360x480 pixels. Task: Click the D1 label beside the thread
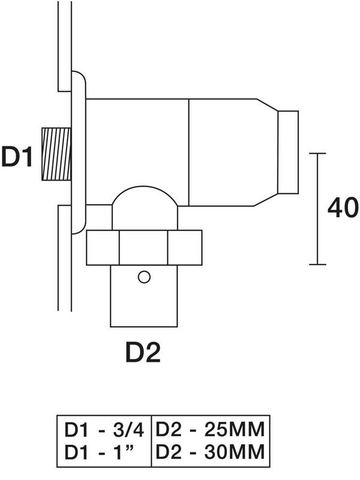pyautogui.click(x=17, y=157)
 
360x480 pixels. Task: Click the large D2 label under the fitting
pyautogui.click(x=143, y=352)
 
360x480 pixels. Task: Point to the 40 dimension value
pyautogui.click(x=343, y=208)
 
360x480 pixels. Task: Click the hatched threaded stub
pyautogui.click(x=56, y=154)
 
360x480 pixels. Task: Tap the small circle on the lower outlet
pyautogui.click(x=144, y=277)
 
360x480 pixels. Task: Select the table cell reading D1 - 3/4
pyautogui.click(x=104, y=430)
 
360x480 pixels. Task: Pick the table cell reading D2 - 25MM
pyautogui.click(x=210, y=430)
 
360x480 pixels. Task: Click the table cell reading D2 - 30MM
pyautogui.click(x=210, y=452)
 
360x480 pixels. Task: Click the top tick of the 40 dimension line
pyautogui.click(x=317, y=153)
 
